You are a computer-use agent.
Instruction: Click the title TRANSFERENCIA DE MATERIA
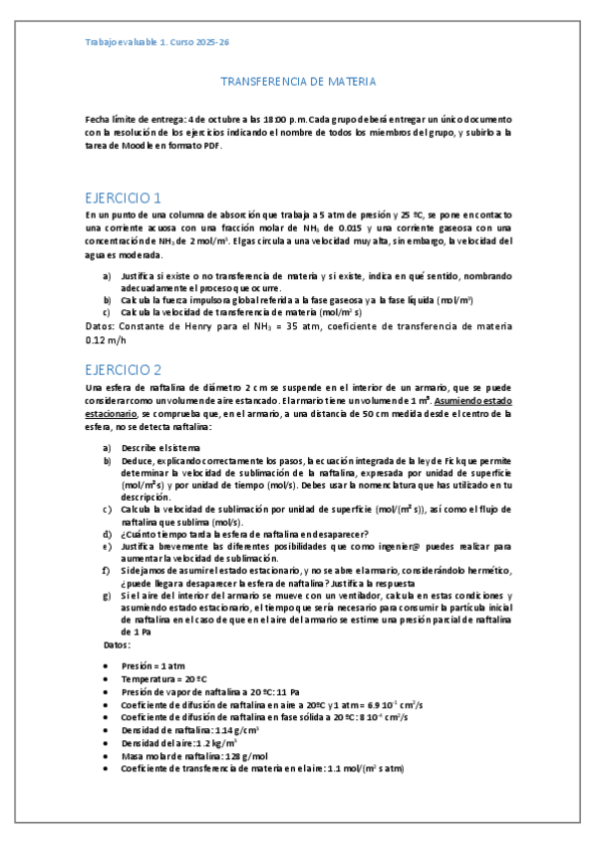[x=297, y=82]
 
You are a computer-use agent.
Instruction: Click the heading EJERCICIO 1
[x=124, y=197]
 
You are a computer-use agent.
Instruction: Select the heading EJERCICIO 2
[x=125, y=367]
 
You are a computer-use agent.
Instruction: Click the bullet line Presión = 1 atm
[x=153, y=664]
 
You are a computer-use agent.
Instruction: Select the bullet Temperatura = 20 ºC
[x=164, y=677]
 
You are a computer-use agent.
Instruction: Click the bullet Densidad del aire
[x=178, y=742]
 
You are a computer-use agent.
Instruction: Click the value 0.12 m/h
[x=107, y=339]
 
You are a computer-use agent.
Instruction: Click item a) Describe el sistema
[x=158, y=447]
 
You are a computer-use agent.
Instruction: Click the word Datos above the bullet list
[x=117, y=645]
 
